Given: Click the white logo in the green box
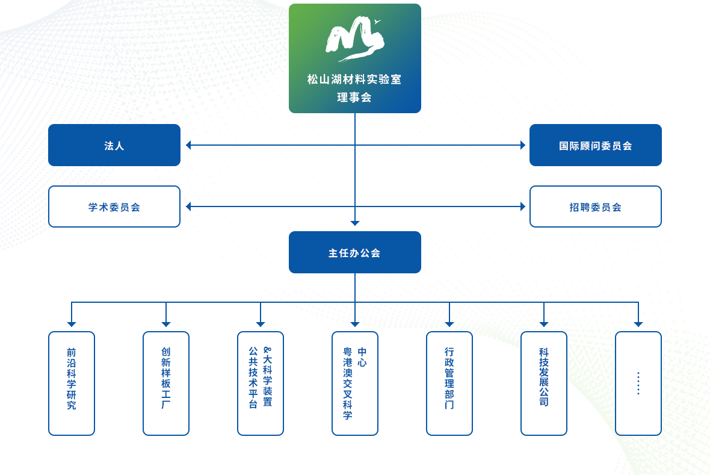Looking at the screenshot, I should (x=354, y=39).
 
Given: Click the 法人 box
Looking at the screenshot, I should (x=114, y=145).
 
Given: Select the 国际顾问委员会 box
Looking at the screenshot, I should (x=595, y=145).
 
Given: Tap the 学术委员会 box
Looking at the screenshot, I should (x=114, y=206).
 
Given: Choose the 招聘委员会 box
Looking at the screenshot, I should (x=595, y=206).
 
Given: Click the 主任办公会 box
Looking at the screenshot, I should (x=354, y=252).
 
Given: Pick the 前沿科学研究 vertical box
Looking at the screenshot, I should (x=72, y=383).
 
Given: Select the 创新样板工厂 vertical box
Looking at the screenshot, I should (x=166, y=383).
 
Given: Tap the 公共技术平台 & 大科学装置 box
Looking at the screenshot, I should (x=261, y=383).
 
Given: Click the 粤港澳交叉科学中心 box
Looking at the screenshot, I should (x=355, y=383).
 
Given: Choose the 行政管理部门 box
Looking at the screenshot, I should (x=449, y=383).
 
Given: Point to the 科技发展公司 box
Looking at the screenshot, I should (x=544, y=383).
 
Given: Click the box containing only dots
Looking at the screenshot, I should (x=638, y=383).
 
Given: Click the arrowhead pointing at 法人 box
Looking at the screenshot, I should (x=188, y=145).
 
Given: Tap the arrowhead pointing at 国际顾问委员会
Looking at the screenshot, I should (x=522, y=145).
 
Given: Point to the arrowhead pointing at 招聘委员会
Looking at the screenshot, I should (x=522, y=206).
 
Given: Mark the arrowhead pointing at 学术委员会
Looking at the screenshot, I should (x=188, y=206).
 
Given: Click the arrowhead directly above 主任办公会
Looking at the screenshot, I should (x=355, y=223).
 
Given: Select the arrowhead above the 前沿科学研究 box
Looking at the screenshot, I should (x=72, y=324).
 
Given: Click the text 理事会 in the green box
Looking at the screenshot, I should (x=354, y=97).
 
